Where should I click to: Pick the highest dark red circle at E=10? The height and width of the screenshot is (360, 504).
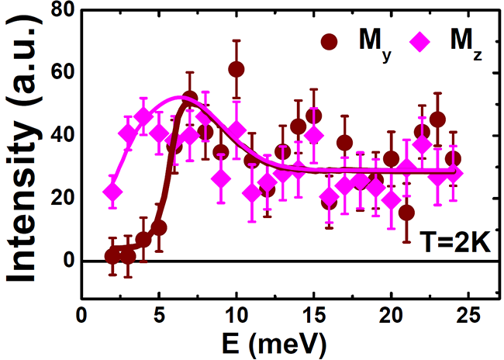236,69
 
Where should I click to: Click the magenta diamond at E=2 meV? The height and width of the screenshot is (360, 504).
112,192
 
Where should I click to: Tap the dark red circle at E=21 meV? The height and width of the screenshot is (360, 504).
406,212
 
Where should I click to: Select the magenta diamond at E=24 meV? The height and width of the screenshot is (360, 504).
453,173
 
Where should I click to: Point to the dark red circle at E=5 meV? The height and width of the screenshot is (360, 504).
159,227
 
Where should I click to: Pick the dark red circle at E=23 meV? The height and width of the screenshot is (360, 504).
437,119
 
